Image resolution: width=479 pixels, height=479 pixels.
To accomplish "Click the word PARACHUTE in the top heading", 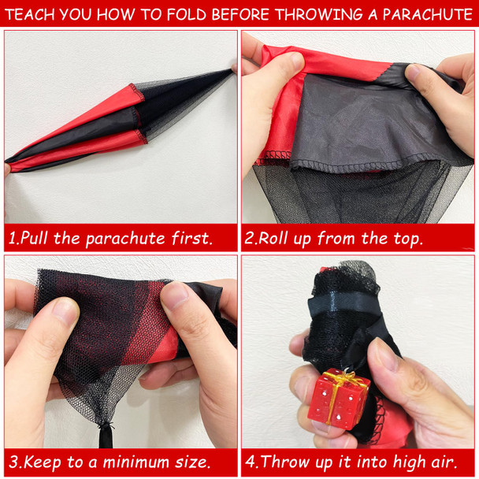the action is pos(428,14).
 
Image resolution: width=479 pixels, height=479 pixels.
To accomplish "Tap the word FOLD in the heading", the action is pos(187,14).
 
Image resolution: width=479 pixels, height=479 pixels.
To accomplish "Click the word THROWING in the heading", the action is pos(320,14).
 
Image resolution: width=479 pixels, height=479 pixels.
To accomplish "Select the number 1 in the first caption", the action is pos(12,238).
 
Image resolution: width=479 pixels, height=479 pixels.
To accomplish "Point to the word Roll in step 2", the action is pos(273,238).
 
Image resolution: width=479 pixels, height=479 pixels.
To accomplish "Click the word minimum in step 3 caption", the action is pos(135,462).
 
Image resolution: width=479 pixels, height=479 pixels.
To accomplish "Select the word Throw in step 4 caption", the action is pos(286,462).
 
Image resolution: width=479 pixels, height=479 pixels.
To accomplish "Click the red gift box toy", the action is pos(339,397).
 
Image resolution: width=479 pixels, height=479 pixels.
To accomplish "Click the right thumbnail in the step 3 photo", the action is pos(174,295).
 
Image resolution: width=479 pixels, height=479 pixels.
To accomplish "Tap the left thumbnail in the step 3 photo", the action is pos(65,310).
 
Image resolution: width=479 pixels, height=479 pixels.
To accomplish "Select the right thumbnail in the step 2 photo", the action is pos(413,72).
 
